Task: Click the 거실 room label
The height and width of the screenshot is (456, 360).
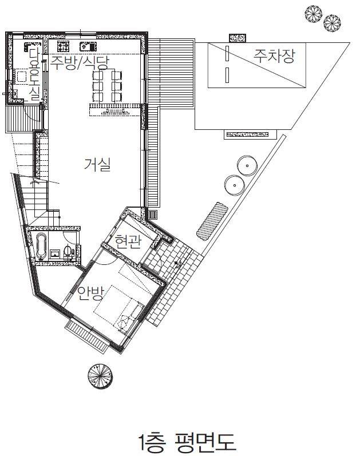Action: coord(97,165)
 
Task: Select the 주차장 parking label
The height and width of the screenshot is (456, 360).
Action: coord(274,56)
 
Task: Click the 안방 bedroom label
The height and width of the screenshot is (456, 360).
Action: coord(90,293)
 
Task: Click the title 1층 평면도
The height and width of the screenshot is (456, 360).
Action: coord(186,442)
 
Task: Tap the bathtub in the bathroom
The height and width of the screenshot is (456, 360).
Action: coord(41,247)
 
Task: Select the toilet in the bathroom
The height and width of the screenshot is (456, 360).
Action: coord(68,252)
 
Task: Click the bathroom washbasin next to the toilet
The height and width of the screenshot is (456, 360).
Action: coord(55,253)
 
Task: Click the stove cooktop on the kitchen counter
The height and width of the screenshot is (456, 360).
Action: coord(63,46)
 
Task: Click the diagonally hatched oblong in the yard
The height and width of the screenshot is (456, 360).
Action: coord(212,221)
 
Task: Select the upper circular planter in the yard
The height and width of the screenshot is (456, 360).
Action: coord(247,166)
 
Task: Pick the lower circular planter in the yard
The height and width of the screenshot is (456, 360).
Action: coord(234,185)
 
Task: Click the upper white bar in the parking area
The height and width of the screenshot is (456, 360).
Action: coord(227,53)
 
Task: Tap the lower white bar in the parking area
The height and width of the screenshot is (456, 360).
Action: coord(227,75)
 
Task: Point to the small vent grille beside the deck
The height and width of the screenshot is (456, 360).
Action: coord(153,215)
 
